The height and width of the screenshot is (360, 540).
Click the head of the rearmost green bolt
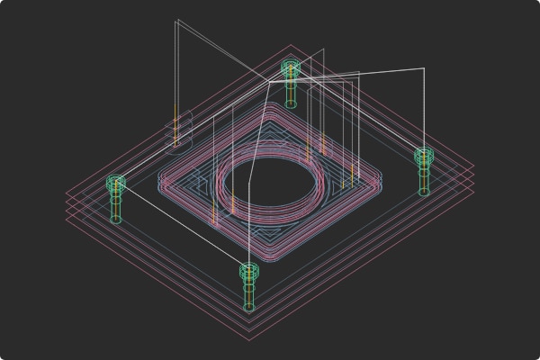(x=290, y=67)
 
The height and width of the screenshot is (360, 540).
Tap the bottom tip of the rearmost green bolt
(x=291, y=104)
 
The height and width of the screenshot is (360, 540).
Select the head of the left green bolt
(x=115, y=183)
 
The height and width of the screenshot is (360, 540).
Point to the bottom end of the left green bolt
(x=115, y=220)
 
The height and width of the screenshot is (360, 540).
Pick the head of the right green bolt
(x=424, y=157)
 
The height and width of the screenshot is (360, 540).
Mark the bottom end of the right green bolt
(x=424, y=193)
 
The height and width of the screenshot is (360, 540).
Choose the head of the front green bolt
(x=248, y=270)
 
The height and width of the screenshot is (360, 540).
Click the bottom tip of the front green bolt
(x=248, y=309)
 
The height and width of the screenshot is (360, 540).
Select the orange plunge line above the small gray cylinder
(x=176, y=117)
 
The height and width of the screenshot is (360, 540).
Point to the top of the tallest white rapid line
(x=178, y=20)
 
